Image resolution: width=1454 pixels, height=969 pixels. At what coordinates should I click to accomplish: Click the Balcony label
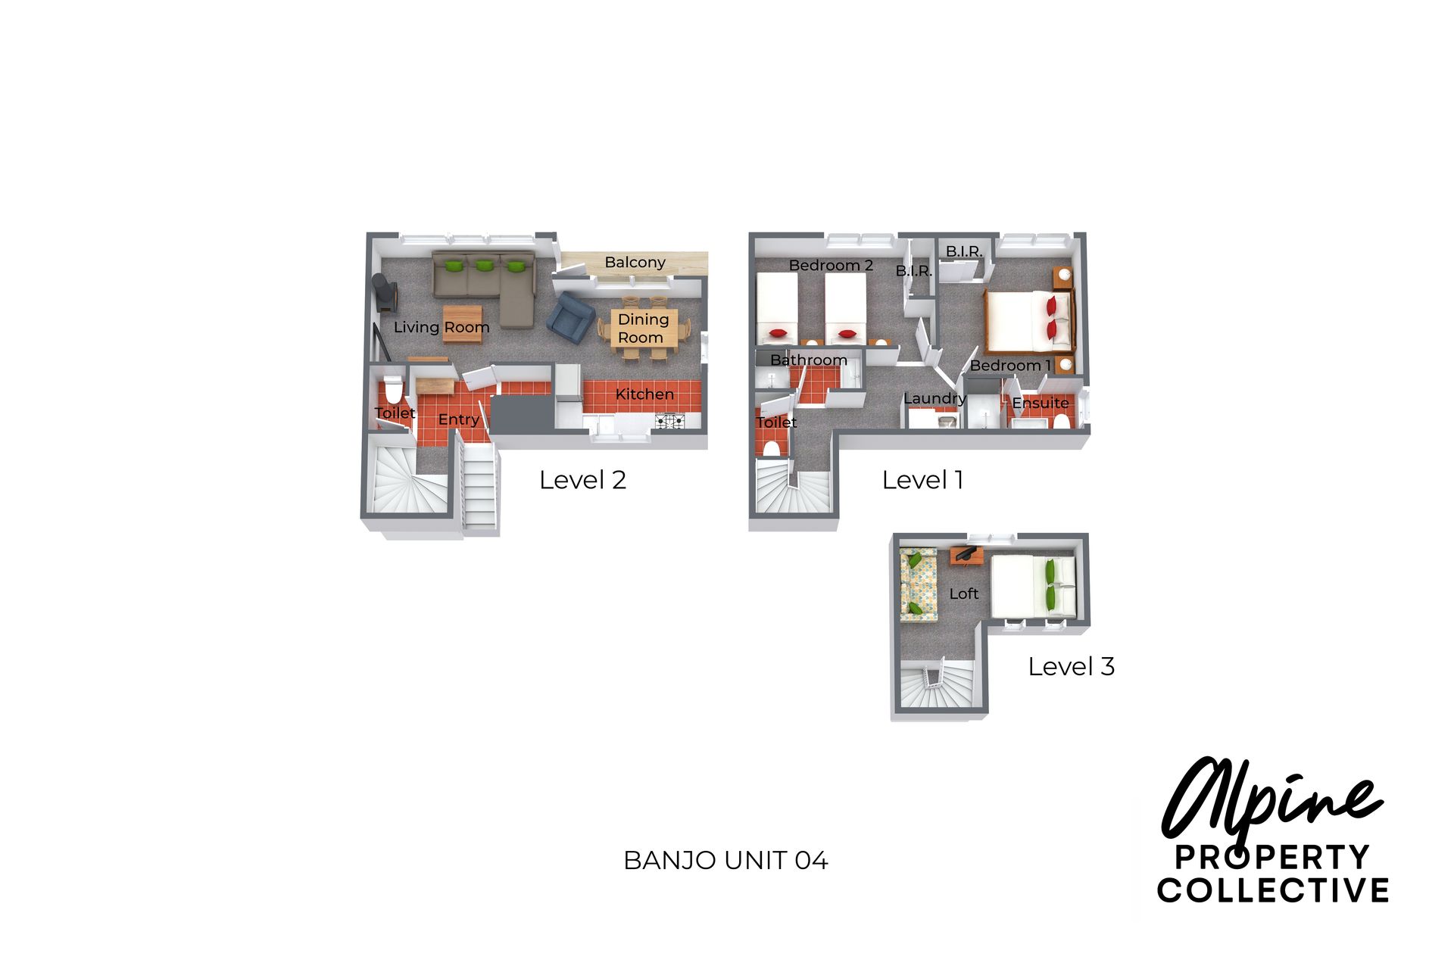coord(635,263)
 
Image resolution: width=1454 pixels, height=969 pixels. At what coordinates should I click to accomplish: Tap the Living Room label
coord(442,327)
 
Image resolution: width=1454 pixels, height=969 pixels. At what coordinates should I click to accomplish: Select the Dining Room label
coord(643,329)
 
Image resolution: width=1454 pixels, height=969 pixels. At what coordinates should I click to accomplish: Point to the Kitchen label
coord(644,394)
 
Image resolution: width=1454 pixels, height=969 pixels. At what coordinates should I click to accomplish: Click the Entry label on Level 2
coord(459,419)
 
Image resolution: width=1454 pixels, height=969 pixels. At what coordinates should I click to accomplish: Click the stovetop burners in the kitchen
coord(669,421)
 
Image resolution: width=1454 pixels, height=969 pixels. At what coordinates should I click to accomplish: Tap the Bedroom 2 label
coord(831,265)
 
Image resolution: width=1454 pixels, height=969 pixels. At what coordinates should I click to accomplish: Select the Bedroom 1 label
coord(1010,366)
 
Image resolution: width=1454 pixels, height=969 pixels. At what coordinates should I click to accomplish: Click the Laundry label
coord(934,398)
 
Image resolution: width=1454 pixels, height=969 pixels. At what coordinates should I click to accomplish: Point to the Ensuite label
coord(1041,403)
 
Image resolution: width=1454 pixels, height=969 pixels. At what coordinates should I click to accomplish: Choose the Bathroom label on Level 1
coord(809,360)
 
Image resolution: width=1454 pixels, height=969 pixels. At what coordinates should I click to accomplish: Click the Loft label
coord(964,594)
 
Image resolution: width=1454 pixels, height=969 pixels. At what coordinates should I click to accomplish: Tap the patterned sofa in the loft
coord(919,585)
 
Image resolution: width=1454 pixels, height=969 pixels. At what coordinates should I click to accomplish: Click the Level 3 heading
coord(1071,666)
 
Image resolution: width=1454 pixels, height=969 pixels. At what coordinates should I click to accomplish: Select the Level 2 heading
coord(582,479)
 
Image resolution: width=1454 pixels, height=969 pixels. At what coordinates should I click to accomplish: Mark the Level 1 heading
coord(922,479)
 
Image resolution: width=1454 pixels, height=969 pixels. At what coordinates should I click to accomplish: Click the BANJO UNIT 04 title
coord(725,861)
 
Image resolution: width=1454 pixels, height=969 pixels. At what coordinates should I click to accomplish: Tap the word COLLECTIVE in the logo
coord(1273,890)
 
